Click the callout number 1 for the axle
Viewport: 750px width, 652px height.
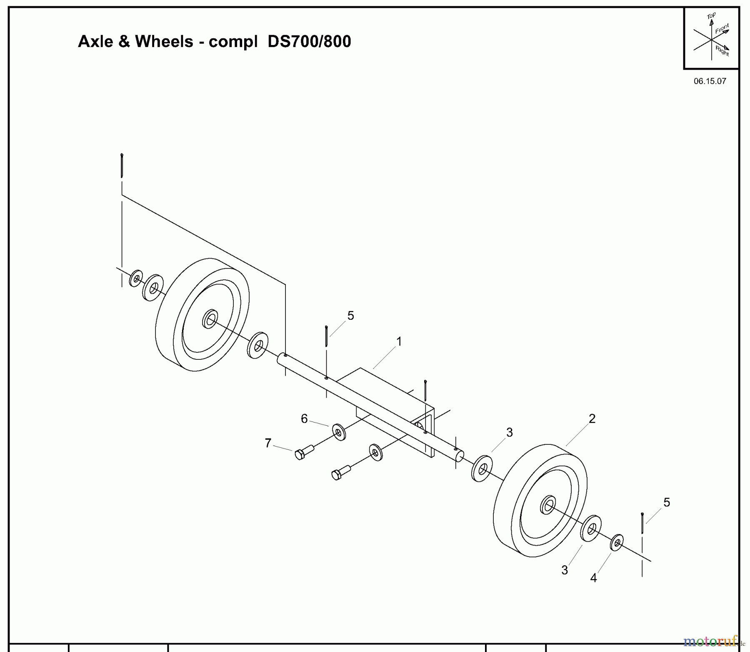click(399, 342)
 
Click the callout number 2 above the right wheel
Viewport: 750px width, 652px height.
click(592, 419)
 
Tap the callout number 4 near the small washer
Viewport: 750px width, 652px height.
click(593, 578)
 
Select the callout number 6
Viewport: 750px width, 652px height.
click(304, 419)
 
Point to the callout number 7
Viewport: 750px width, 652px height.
click(268, 443)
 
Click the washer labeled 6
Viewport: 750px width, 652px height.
click(339, 432)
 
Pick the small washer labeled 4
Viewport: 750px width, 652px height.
click(617, 542)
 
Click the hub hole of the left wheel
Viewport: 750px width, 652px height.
click(210, 320)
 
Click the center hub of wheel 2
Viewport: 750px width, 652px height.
click(548, 506)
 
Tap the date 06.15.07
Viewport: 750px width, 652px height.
click(710, 81)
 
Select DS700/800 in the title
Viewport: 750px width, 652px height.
click(309, 42)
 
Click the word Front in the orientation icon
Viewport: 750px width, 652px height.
click(722, 29)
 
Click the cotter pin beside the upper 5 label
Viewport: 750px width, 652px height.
click(326, 336)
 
